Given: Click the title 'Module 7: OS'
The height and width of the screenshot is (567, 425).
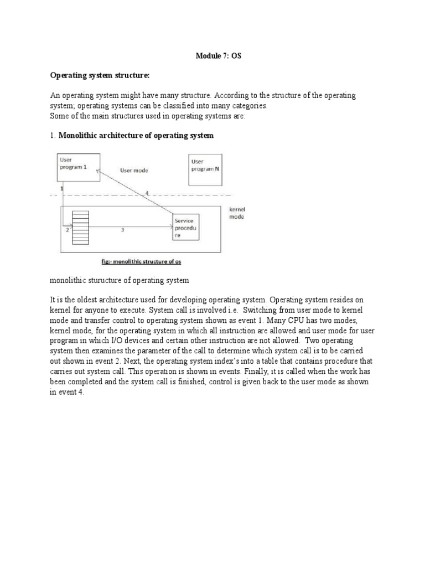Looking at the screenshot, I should click(219, 56).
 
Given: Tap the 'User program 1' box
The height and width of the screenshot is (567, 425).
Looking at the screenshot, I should click(79, 167).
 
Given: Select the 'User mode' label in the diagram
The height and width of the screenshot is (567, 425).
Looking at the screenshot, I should click(133, 171).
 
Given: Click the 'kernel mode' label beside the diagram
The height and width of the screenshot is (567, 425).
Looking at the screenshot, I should click(236, 213).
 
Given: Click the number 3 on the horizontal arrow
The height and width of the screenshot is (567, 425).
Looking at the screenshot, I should click(122, 230).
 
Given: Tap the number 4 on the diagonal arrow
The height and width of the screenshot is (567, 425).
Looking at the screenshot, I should click(147, 193).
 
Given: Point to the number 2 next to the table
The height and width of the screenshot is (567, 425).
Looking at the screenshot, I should click(67, 229).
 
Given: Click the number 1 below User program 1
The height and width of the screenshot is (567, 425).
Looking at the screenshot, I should click(61, 189).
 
